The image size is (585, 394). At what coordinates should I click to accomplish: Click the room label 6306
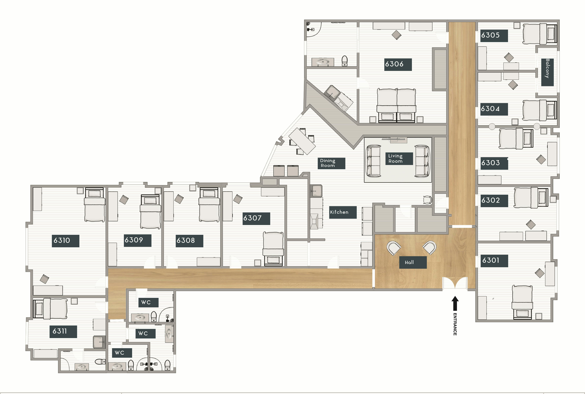398,64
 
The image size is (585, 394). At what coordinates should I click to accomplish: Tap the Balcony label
547,72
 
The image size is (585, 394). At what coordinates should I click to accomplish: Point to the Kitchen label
343,212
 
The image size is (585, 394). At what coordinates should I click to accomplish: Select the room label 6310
65,241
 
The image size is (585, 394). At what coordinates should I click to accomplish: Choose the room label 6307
256,218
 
